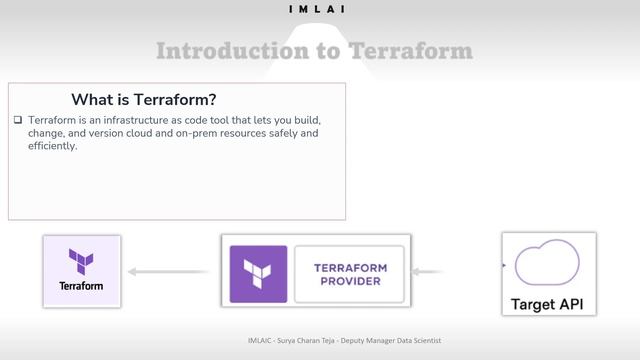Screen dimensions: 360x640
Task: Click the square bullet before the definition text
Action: pos(18,120)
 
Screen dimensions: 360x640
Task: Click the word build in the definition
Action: pos(306,120)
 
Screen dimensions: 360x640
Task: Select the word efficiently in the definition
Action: pos(53,146)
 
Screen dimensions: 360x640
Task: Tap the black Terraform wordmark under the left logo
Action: pos(81,286)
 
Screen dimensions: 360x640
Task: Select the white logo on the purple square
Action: pos(258,273)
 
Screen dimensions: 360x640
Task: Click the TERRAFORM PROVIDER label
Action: pos(350,274)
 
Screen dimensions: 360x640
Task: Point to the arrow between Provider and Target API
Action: pos(429,271)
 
